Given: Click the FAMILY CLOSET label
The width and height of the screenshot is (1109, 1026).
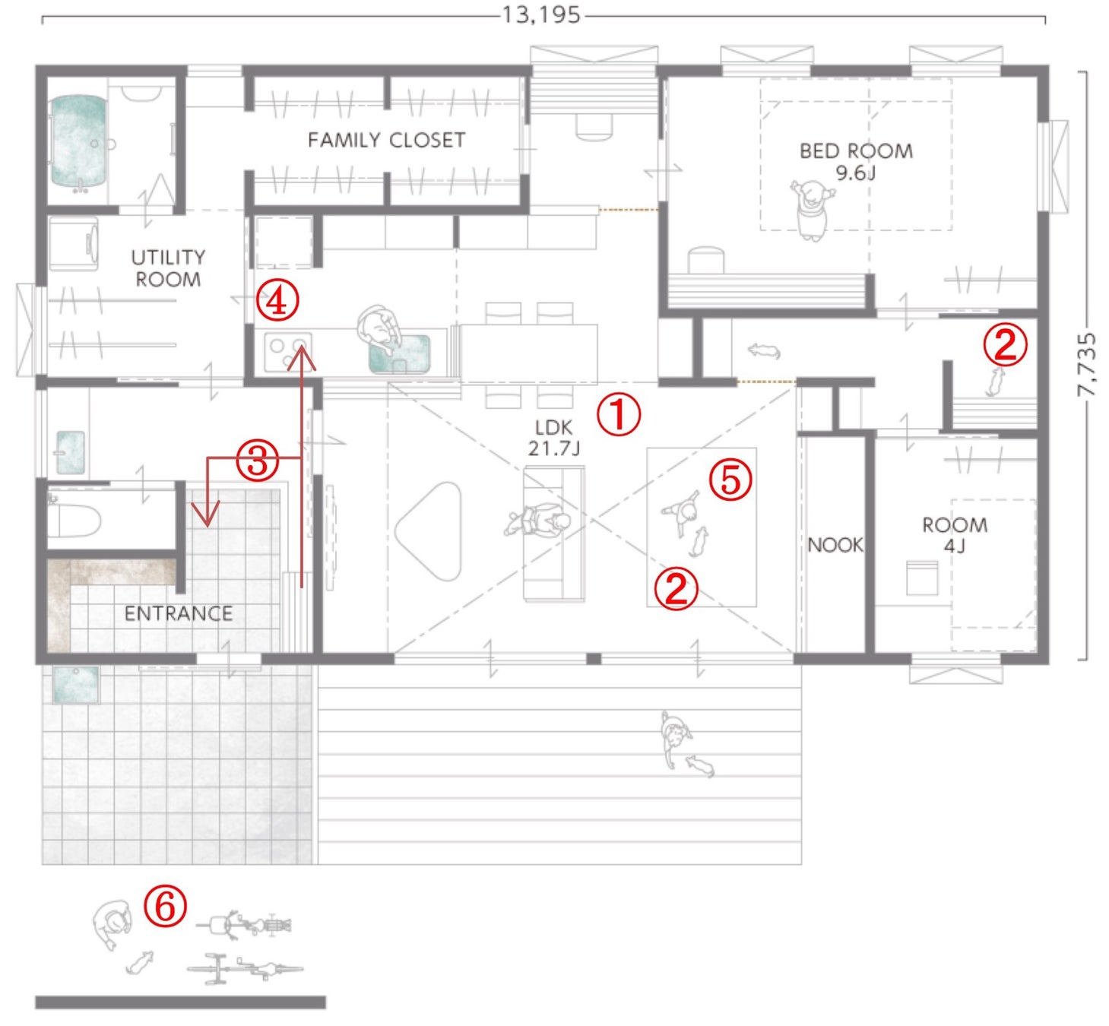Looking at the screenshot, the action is (386, 140).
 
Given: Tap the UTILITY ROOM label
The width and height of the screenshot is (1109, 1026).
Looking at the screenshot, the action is (168, 268).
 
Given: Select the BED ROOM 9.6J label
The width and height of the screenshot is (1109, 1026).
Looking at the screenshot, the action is (856, 161).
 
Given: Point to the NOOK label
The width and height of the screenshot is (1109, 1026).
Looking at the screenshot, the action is (835, 545).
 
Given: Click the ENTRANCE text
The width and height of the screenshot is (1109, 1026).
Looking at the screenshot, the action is (178, 614).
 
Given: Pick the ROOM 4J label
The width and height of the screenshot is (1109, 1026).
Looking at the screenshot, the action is (955, 535).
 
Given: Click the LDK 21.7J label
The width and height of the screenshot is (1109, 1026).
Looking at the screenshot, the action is (554, 438).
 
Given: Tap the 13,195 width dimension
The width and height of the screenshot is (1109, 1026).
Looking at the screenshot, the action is (541, 15).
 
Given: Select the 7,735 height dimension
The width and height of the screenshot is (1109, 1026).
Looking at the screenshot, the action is (1086, 366).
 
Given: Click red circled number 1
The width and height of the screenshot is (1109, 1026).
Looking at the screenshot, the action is (619, 414).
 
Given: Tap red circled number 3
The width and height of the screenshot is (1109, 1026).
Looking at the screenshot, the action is (258, 461).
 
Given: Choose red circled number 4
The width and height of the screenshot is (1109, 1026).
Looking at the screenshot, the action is (277, 300).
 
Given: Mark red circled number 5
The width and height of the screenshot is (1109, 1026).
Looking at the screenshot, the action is (730, 480).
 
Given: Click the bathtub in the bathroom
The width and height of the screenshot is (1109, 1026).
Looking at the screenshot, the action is (78, 142).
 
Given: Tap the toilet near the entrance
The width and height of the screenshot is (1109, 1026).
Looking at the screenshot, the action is (74, 521).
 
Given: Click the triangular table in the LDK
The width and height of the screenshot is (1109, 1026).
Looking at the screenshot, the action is (429, 532).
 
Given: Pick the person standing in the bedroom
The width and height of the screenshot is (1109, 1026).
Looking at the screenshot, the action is (813, 211).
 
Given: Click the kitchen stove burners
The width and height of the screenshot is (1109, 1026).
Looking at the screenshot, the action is (288, 351).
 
